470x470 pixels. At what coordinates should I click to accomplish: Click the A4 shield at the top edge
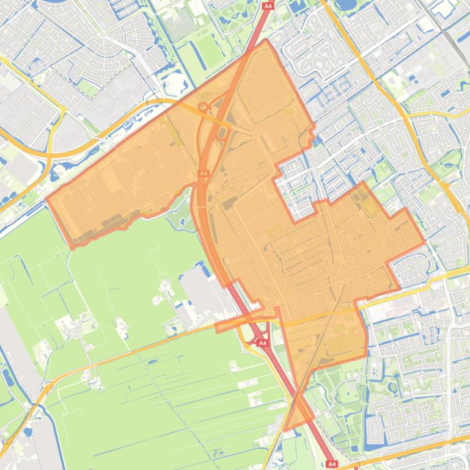coord(267,5)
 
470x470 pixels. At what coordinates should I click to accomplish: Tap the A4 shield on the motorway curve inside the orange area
coord(204,174)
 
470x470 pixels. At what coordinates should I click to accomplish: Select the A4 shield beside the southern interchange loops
coord(262,343)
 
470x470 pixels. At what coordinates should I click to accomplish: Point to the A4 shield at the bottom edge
coord(332,465)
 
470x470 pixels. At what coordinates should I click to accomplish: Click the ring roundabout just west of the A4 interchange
coord(203,107)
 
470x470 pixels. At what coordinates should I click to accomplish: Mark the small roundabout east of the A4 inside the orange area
coord(257,135)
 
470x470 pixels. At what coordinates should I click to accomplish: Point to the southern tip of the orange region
coord(286,430)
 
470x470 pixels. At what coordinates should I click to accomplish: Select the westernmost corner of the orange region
coord(46,199)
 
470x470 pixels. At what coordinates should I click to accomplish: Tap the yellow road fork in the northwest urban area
coord(63,109)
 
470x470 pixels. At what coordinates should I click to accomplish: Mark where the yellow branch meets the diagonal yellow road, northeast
coord(406,115)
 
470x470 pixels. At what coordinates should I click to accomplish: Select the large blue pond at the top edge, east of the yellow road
coord(347,5)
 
